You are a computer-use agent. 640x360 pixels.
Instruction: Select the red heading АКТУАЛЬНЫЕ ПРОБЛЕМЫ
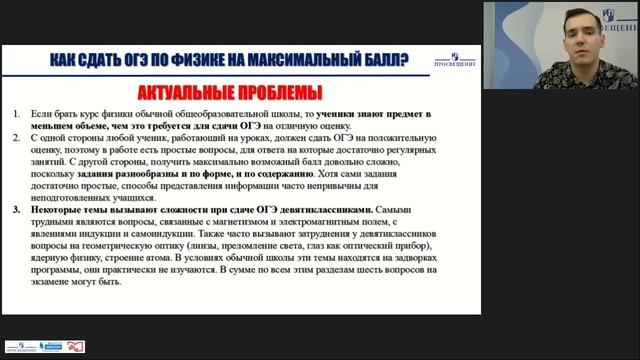click(230, 94)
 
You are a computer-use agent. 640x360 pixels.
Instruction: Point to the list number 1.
click(16, 115)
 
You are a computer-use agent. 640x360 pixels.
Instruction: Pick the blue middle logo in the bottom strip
click(51, 346)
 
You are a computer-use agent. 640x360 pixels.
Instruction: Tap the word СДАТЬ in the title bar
click(120, 61)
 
